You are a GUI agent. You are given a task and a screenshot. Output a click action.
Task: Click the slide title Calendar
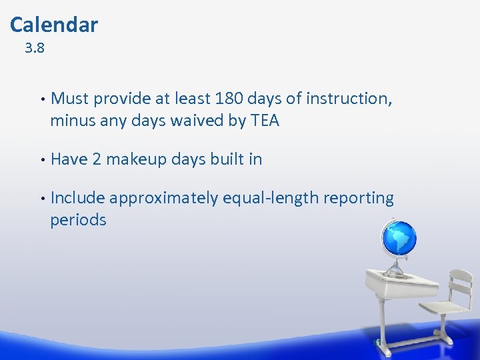click(54, 25)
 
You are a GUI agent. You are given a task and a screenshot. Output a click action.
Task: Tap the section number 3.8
click(35, 49)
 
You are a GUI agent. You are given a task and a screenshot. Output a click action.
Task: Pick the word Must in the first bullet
click(70, 99)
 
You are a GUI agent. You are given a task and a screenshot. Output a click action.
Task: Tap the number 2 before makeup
click(97, 159)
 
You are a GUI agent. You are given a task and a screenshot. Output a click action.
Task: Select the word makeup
click(136, 160)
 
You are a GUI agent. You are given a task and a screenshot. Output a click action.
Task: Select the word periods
click(78, 220)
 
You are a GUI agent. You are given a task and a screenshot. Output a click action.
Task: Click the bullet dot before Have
click(42, 160)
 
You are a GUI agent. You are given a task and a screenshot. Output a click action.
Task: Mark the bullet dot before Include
click(42, 199)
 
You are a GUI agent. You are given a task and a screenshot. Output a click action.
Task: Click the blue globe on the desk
click(398, 238)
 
